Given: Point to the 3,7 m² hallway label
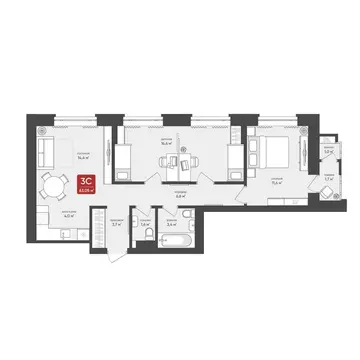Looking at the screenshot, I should pos(116,226).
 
